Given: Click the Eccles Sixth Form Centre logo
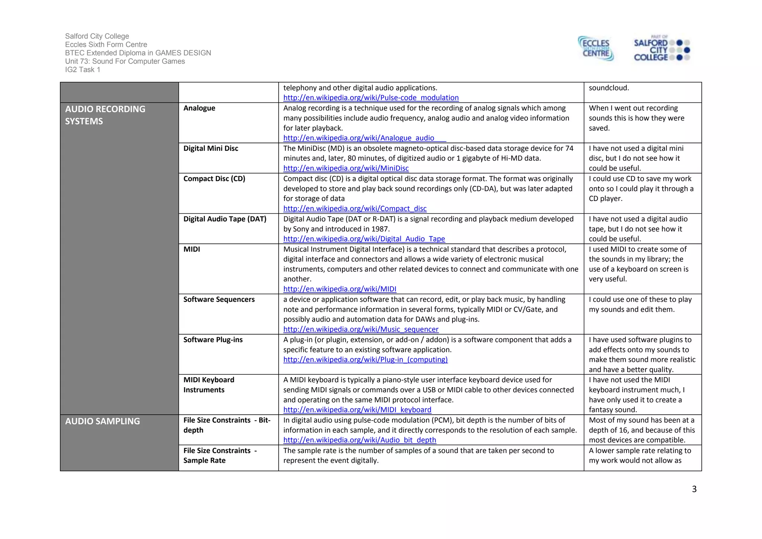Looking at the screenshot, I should point(596,49).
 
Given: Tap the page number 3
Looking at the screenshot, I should point(694,489).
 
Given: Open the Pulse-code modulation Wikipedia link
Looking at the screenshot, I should point(371,98).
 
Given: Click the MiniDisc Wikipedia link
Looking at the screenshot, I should point(346,168).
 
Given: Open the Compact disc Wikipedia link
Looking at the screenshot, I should point(355,208).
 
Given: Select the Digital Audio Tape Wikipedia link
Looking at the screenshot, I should point(364,239).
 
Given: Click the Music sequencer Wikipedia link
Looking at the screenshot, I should point(361,329).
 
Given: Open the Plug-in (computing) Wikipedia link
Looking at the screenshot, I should point(365,360).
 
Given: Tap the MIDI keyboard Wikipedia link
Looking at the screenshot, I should point(357,410).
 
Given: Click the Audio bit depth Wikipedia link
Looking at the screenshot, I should point(359,440).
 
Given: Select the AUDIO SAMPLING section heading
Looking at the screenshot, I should point(102,421).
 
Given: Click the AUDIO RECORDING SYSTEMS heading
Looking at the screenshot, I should point(105,115).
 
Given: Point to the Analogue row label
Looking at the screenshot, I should point(199,108).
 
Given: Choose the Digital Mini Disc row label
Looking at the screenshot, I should point(211,149).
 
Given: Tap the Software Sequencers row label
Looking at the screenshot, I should point(219,300).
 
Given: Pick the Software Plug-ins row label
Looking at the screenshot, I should point(213,340).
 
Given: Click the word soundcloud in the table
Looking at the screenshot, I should point(608,88).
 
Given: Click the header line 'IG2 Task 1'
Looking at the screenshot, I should point(83,70).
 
